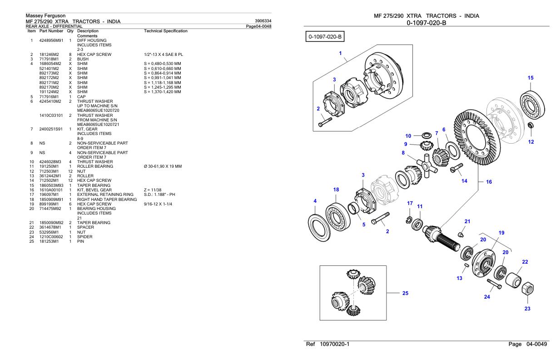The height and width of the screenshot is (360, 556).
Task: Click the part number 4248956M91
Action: (50, 40)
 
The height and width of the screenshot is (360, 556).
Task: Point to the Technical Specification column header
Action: (165, 31)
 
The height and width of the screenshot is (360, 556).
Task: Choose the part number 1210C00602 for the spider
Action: (51, 236)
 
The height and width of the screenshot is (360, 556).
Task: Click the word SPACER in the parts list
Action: (85, 227)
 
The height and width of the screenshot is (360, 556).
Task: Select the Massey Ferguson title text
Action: (45, 16)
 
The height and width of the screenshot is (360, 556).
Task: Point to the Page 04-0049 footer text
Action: (528, 344)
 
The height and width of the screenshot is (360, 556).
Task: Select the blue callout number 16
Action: (489, 181)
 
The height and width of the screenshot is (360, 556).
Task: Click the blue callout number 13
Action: (459, 278)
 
